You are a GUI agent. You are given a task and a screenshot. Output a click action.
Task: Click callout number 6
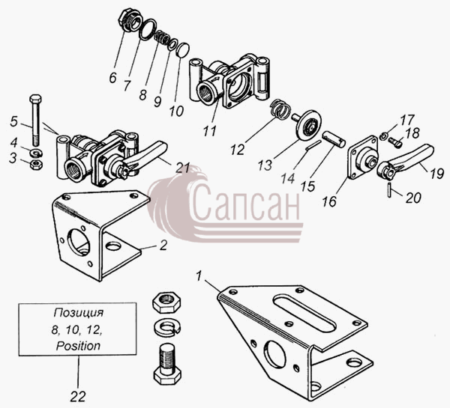pyautogui.click(x=112, y=77)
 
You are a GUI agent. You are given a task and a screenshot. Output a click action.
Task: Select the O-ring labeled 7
pyautogui.click(x=148, y=29)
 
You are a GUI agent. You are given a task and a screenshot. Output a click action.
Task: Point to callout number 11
pyautogui.click(x=210, y=131)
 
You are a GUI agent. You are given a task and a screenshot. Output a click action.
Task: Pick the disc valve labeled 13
pyautogui.click(x=306, y=124)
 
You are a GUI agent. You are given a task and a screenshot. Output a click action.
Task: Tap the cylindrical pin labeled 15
pyautogui.click(x=334, y=139)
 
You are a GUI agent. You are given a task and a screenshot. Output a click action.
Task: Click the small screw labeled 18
pyautogui.click(x=396, y=142)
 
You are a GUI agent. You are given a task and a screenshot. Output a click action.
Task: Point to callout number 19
pyautogui.click(x=436, y=174)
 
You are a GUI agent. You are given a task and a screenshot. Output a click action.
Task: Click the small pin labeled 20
pyautogui.click(x=390, y=189)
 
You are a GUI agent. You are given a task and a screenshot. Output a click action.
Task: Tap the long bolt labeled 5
pyautogui.click(x=35, y=120)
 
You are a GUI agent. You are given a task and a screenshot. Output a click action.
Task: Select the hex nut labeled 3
pyautogui.click(x=37, y=165)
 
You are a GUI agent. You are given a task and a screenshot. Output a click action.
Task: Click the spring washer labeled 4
pyautogui.click(x=37, y=152)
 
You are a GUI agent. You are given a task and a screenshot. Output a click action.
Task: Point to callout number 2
pyautogui.click(x=163, y=246)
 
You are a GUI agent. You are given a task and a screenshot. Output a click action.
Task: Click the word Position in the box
pyautogui.click(x=78, y=346)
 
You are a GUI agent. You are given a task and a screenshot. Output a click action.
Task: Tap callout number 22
pyautogui.click(x=78, y=397)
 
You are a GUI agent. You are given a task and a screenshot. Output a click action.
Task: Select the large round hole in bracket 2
pyautogui.click(x=79, y=242)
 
